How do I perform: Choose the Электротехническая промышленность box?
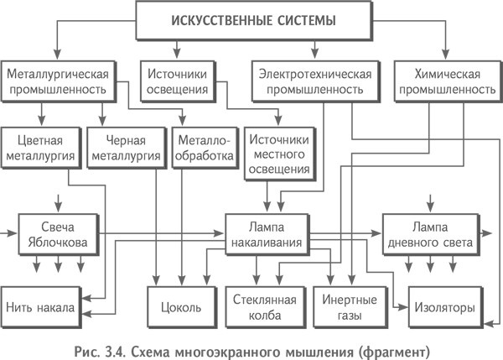click(311, 81)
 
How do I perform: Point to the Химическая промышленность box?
click(444, 81)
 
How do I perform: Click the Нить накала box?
click(42, 307)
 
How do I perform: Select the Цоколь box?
click(179, 307)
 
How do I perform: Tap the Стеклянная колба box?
click(260, 307)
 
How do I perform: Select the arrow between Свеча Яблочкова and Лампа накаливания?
click(168, 234)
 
